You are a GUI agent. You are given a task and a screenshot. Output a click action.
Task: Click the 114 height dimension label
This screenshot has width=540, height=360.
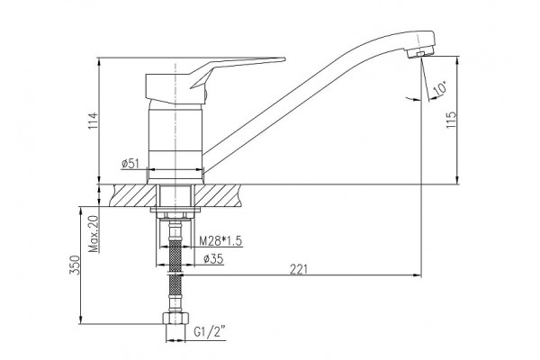pos(93,121)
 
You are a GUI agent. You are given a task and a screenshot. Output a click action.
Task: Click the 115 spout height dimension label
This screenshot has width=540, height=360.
pos(451,119)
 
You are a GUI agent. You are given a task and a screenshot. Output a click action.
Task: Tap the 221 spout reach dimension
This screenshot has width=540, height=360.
pos(298,269)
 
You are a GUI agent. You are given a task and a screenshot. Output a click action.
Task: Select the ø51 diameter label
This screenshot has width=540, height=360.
pos(130,164)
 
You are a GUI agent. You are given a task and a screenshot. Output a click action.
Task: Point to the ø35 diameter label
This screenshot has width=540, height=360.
pos(213,258)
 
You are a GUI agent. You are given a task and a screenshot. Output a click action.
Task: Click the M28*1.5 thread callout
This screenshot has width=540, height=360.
pos(220,241)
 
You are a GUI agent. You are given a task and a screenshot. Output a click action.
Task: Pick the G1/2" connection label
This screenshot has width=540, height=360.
pos(210,332)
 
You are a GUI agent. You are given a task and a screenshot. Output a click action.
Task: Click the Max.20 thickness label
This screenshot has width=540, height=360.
pos(94,234)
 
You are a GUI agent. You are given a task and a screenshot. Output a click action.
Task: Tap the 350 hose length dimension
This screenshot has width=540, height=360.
pos(75,265)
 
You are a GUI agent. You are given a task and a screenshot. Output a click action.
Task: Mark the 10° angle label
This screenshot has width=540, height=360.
pos(440,88)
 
